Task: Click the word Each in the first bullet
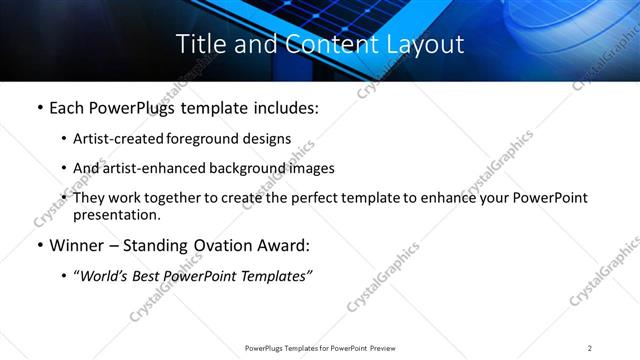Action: (68, 107)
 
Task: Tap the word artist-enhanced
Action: (148, 168)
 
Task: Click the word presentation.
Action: (116, 214)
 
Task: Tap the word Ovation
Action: (216, 244)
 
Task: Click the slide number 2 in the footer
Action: (590, 348)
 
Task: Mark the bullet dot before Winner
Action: (38, 245)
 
